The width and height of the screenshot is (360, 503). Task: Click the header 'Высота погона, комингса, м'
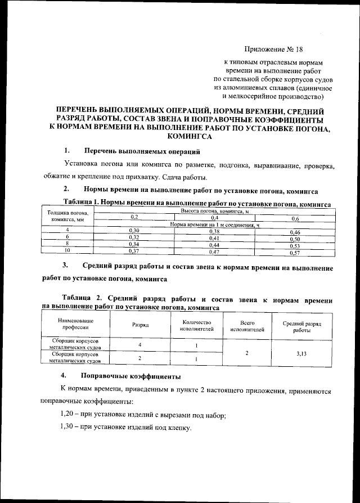[x=214, y=210]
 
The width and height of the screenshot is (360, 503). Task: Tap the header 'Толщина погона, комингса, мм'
[x=67, y=217]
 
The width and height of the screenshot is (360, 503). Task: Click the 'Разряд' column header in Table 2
[x=140, y=325]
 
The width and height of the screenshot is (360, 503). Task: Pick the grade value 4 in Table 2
[x=139, y=344]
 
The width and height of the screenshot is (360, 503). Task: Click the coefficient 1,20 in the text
[x=68, y=415]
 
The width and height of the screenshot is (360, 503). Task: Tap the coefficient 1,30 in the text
[x=68, y=428]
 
